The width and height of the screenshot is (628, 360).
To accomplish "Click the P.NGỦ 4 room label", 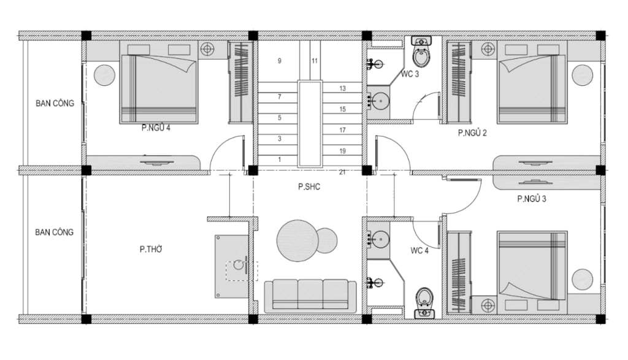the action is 156,128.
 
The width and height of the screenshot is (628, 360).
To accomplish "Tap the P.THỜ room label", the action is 151,250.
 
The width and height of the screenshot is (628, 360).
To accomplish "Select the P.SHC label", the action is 309,186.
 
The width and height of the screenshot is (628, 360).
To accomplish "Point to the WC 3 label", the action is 410,74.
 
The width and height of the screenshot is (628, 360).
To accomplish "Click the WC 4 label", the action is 419,251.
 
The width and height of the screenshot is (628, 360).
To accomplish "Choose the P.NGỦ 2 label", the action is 472,133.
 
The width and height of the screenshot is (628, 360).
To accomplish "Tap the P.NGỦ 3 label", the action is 532,199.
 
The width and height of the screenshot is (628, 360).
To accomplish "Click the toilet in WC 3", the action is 422,52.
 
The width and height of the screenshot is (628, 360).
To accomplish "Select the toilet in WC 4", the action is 424,303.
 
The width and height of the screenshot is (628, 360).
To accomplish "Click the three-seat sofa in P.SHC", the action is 310,296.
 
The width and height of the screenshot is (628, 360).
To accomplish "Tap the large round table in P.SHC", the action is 297,240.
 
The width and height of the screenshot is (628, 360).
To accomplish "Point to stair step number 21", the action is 342,172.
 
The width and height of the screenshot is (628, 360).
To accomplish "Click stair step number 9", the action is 280,61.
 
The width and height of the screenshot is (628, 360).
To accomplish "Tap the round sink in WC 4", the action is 378,239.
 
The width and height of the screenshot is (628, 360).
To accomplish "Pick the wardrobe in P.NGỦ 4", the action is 240,82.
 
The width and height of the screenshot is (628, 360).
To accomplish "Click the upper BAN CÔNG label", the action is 55,103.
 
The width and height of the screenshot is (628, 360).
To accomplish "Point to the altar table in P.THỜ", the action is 231,266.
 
